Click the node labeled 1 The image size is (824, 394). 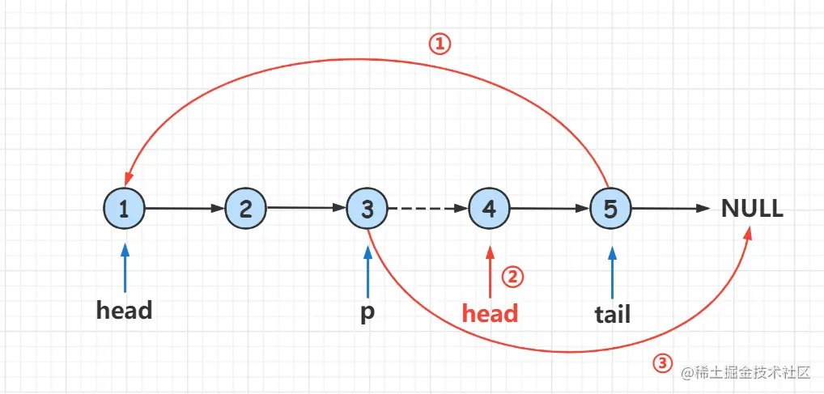(x=124, y=209)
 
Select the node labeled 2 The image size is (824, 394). (x=245, y=209)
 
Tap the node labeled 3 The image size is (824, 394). (x=367, y=209)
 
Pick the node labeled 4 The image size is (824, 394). (x=489, y=209)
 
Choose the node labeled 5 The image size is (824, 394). (x=610, y=209)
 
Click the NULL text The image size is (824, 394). (x=752, y=209)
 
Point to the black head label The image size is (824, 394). (x=124, y=310)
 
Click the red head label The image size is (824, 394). (x=489, y=312)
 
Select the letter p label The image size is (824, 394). (x=367, y=312)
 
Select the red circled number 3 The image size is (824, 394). (x=662, y=363)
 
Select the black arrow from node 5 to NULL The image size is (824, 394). (x=669, y=209)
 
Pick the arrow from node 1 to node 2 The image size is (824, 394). (x=185, y=209)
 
